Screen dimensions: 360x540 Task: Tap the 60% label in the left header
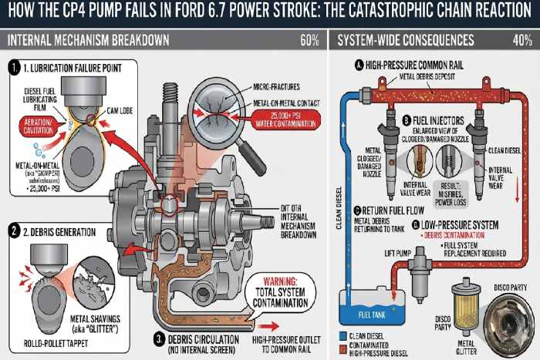[x=309, y=39]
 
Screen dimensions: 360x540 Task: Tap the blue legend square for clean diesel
[x=342, y=335]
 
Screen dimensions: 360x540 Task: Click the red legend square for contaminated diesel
[x=342, y=345]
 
